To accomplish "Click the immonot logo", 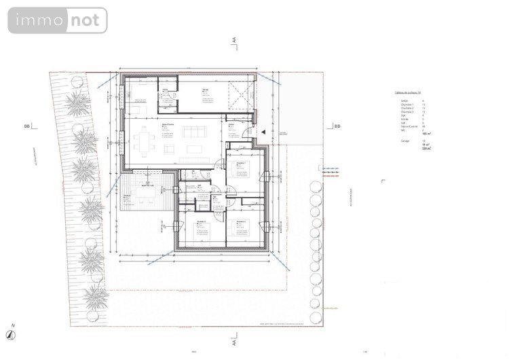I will [x=58, y=20].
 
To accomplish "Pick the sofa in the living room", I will [x=195, y=143].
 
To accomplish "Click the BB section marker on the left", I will [x=27, y=126].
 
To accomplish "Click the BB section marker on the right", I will [x=336, y=126].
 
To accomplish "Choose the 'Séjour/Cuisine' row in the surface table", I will [x=409, y=126].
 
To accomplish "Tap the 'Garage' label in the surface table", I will [x=405, y=141].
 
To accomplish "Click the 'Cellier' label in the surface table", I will [x=405, y=100].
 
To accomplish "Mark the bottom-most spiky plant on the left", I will [x=95, y=296].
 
